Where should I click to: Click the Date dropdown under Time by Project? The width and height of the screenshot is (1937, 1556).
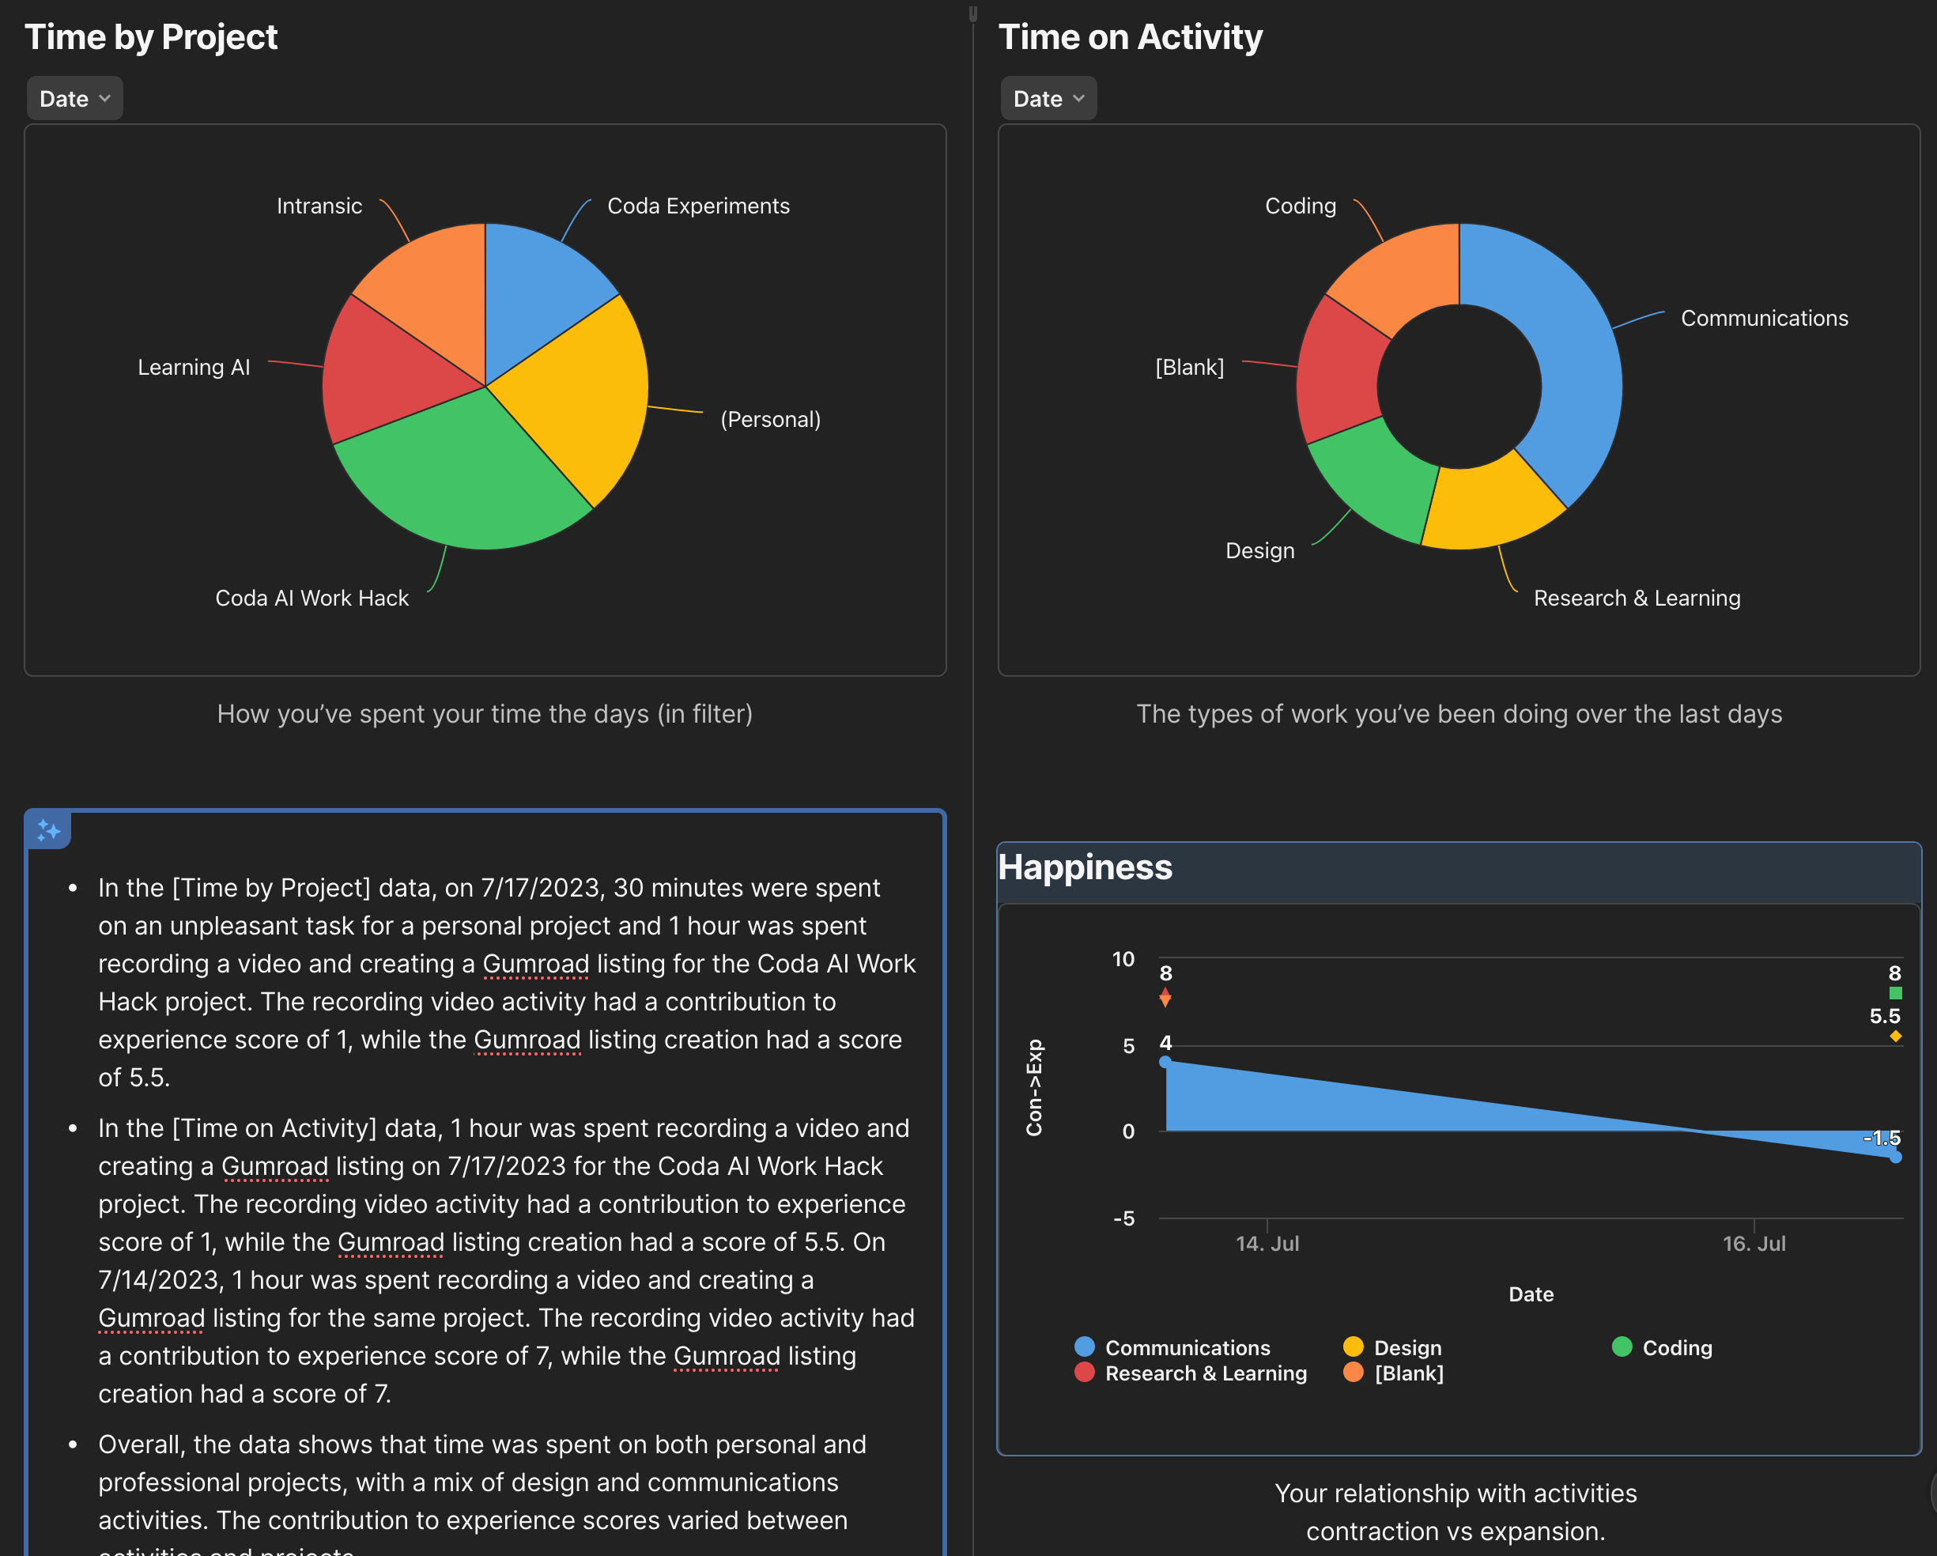coord(74,99)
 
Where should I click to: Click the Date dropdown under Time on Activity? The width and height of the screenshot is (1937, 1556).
coord(1048,99)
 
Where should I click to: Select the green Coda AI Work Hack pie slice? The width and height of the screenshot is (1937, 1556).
coord(459,476)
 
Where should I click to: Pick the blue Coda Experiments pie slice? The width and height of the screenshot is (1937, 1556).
coord(539,288)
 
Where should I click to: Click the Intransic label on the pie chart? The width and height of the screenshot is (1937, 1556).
coord(319,206)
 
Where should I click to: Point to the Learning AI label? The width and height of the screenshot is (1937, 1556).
coord(193,368)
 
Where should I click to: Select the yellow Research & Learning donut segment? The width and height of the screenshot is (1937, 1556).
coord(1491,503)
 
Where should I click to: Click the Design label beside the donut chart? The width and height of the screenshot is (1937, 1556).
coord(1259,551)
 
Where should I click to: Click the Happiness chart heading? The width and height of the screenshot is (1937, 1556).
coord(1085,867)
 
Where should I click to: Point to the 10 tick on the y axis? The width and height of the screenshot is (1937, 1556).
coord(1123,960)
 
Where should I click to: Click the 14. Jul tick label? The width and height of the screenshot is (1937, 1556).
coord(1267,1244)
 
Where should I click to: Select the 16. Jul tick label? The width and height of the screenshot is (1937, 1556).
coord(1754,1244)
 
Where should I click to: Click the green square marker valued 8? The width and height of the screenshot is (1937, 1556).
coord(1895,993)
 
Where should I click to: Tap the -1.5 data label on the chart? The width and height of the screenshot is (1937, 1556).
coord(1882,1139)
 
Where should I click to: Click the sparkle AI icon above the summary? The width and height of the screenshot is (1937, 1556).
coord(48,831)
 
